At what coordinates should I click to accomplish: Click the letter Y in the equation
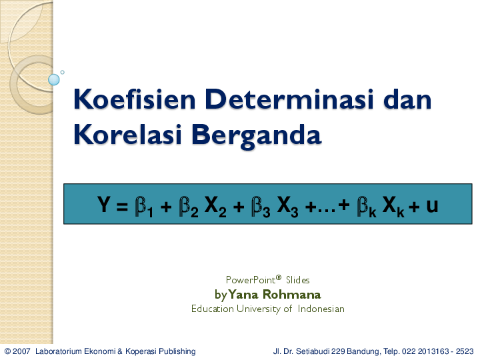point(105,205)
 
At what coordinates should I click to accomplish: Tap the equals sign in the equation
point(121,205)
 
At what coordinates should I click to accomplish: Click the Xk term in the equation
point(394,206)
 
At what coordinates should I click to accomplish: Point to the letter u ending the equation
point(432,205)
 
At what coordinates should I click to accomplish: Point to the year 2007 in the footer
point(22,351)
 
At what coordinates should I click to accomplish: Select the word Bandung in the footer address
point(365,351)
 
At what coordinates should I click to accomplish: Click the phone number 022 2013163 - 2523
point(436,351)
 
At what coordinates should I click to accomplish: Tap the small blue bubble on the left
point(54,80)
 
